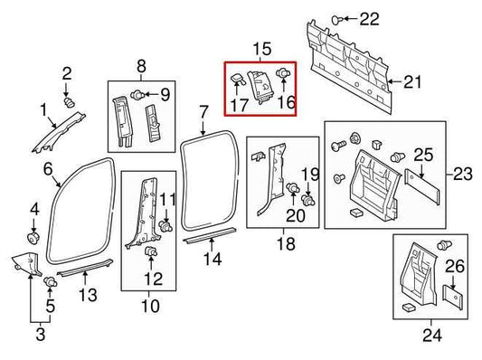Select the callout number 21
coord(412,82)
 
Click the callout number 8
coord(141,65)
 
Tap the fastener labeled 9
coord(137,93)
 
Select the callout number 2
coord(67,72)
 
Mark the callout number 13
coord(86,296)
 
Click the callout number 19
coord(309,174)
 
